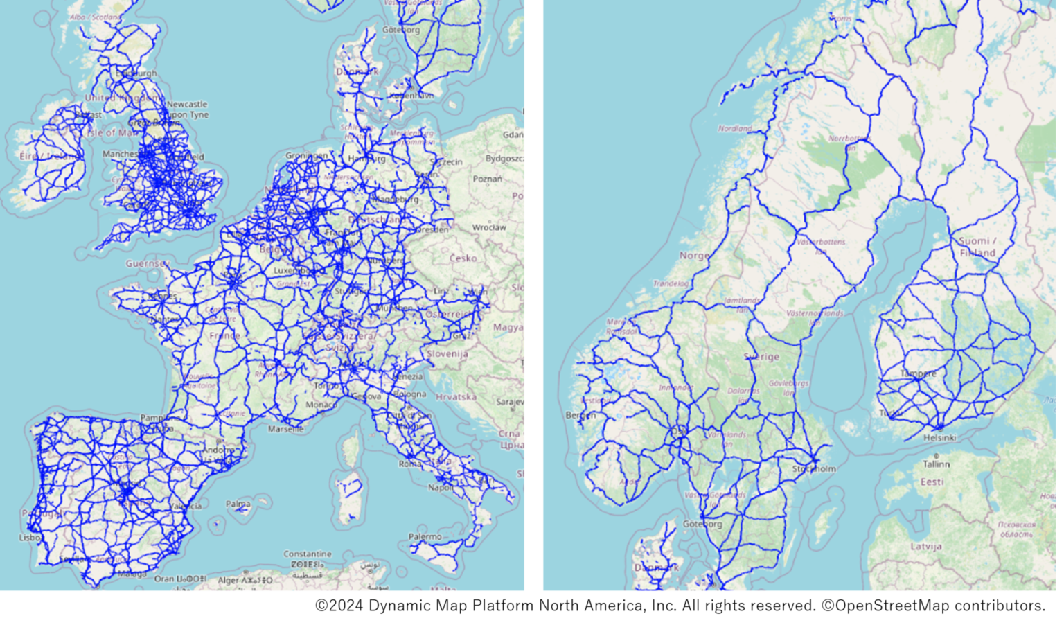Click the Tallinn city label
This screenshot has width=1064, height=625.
[936, 464]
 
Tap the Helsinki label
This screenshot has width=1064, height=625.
[939, 437]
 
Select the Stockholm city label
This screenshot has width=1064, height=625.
[814, 468]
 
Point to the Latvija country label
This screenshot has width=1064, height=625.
[926, 546]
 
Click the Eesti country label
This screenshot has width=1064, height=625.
[932, 482]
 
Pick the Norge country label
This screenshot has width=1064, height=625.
[694, 255]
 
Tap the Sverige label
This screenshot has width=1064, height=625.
[761, 356]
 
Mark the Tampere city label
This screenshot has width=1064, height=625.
[918, 373]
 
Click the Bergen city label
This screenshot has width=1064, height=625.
[580, 415]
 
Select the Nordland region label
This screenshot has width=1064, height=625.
[734, 128]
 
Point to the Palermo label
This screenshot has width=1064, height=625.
[425, 536]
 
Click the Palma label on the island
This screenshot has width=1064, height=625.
[238, 504]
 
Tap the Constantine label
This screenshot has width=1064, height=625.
[307, 554]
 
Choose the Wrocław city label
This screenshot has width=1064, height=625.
[489, 227]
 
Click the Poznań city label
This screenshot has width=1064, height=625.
[487, 179]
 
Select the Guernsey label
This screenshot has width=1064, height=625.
[147, 263]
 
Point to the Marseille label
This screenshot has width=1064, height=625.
[285, 429]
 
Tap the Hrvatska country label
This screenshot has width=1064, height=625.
[456, 397]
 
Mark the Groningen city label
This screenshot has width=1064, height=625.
[306, 155]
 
